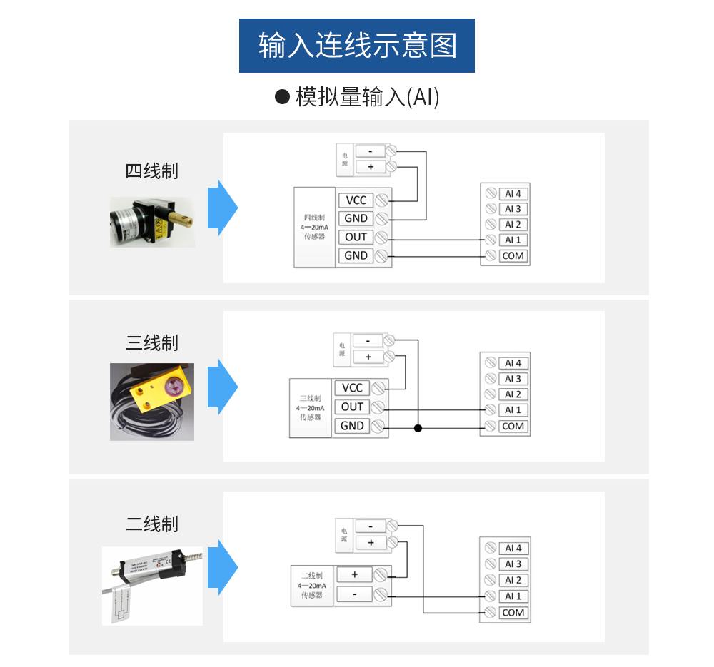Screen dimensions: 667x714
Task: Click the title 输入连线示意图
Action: [356, 46]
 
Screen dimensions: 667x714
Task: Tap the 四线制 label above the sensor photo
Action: [151, 171]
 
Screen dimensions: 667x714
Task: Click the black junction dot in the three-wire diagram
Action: [418, 428]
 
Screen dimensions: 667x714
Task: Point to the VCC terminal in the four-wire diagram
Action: [356, 200]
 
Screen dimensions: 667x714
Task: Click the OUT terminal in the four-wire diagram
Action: [356, 237]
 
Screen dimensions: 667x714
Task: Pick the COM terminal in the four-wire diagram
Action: [513, 255]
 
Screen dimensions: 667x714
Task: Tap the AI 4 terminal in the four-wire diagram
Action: [513, 193]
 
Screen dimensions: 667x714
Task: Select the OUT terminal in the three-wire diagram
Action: [352, 407]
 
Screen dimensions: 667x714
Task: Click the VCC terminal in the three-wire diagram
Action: [352, 388]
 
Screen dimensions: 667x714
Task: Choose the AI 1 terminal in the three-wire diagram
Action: [513, 410]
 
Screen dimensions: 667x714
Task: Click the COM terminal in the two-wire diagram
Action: [513, 613]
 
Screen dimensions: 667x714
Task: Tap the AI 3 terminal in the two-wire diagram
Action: [513, 564]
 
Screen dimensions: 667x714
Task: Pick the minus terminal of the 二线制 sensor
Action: [354, 594]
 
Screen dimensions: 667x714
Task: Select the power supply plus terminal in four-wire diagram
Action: [370, 167]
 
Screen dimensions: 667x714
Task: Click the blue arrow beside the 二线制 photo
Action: [227, 567]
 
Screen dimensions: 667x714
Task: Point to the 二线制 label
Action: [151, 524]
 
